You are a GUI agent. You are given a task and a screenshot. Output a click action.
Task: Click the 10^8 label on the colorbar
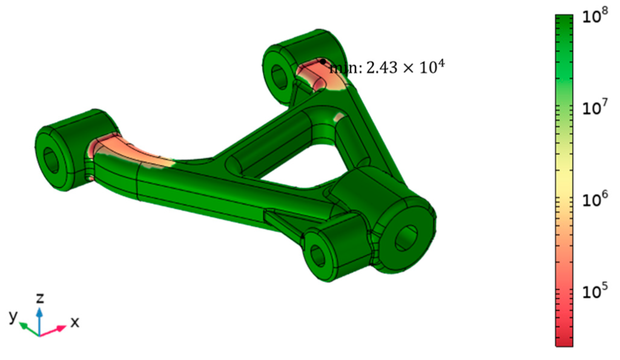tap(595, 18)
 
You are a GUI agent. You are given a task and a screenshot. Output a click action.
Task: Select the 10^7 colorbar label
tap(595, 108)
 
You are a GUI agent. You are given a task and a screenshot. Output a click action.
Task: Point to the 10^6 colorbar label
tap(595, 200)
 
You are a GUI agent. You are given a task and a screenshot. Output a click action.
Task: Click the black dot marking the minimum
tap(323, 62)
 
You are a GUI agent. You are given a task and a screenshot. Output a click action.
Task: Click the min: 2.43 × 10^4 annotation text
tap(387, 68)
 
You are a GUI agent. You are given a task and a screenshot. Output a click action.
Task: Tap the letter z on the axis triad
tap(40, 298)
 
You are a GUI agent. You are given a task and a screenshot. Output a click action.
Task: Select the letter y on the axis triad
tap(13, 316)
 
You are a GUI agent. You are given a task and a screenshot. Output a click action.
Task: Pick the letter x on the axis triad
tap(74, 322)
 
